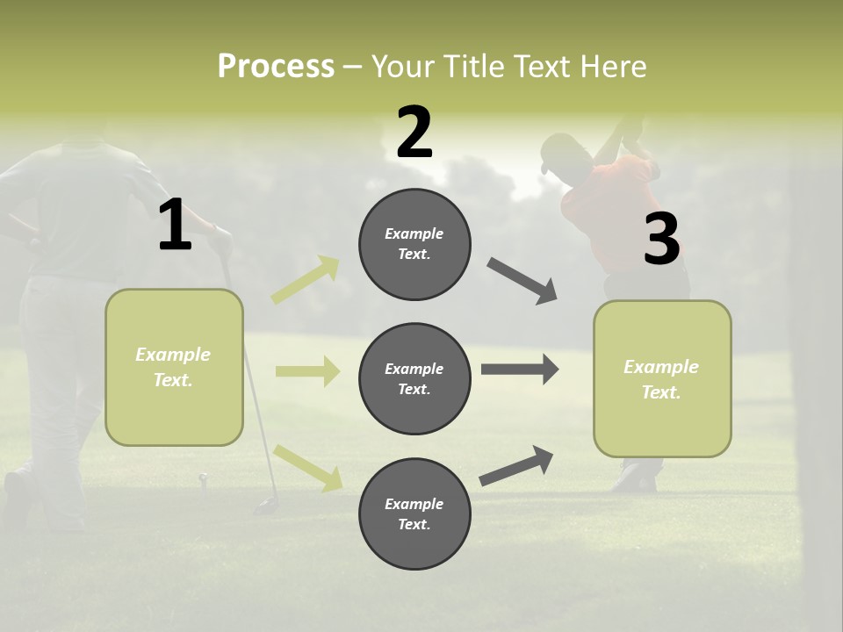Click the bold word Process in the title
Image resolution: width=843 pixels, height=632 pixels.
point(276,67)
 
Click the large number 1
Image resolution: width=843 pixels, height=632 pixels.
point(175,226)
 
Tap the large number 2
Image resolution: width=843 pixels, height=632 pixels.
point(414,133)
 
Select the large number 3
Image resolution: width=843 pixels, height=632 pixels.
point(661,239)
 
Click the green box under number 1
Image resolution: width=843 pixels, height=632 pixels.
point(174,367)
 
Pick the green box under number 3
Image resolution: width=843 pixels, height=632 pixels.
point(662,379)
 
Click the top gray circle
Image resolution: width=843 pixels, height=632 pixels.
point(414,244)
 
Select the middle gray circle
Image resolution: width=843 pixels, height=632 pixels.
point(414,378)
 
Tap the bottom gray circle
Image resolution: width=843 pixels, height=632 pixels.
point(414,513)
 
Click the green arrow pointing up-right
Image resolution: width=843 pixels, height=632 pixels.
point(306,280)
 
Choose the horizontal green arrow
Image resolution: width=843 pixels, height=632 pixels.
point(307,371)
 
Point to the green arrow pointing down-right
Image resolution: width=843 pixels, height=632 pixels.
point(307,468)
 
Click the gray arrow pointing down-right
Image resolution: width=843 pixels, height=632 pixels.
point(522,281)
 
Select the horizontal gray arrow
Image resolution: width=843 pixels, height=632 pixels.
point(519,370)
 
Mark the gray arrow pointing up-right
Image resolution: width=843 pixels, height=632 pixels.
point(517,465)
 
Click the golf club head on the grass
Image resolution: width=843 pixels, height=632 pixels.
point(266,506)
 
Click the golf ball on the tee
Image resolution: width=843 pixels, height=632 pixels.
point(204,478)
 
